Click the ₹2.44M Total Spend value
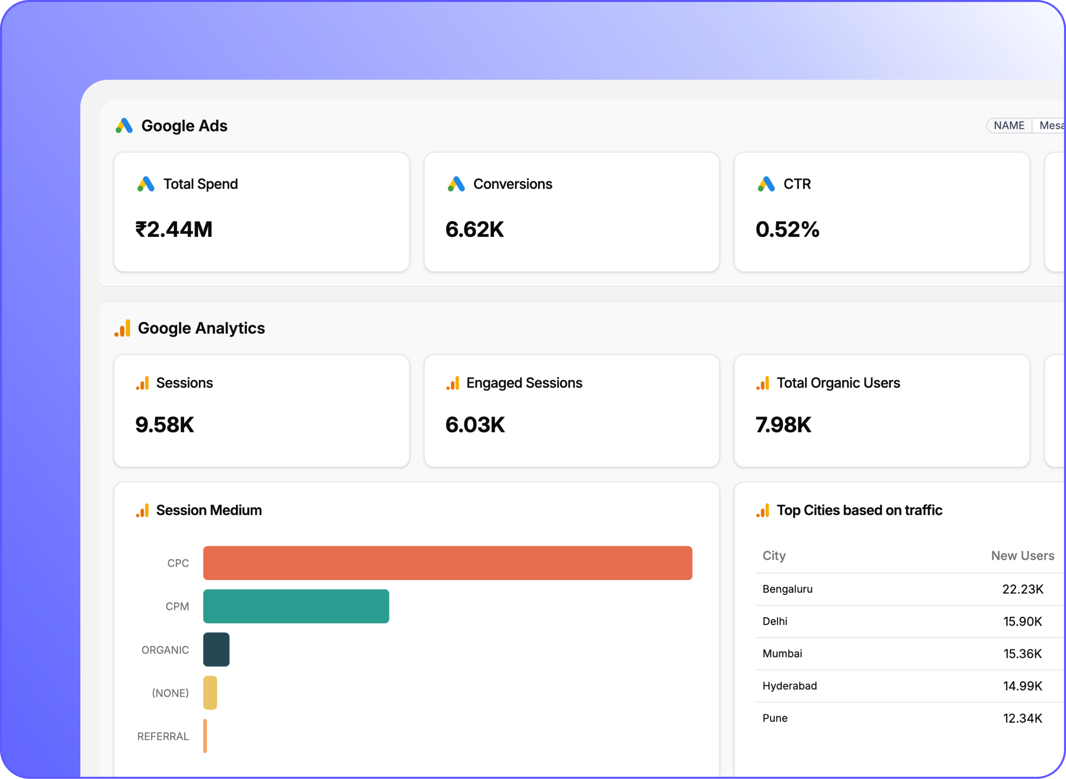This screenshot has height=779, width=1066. (174, 230)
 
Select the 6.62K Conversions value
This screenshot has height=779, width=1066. (475, 230)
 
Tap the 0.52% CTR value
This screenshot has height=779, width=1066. (787, 230)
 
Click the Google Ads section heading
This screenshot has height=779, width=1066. (184, 126)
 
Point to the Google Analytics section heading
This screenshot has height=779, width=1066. (201, 328)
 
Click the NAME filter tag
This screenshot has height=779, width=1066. (1009, 125)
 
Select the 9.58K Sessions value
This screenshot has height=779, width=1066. (165, 425)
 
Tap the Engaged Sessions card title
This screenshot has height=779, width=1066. (524, 383)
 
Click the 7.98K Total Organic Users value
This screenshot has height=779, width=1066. (783, 425)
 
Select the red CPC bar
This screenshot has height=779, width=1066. (447, 563)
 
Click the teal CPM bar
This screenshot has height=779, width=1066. (296, 606)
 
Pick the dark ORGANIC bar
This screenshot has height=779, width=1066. (216, 650)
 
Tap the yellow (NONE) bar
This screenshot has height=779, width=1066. (210, 693)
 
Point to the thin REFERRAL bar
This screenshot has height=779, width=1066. (205, 736)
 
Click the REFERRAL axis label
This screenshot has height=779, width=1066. (163, 737)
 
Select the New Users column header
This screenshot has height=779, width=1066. (1022, 556)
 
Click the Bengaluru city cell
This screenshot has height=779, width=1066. (787, 589)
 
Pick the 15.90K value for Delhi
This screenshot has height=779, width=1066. (1022, 621)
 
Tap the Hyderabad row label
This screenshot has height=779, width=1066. (789, 686)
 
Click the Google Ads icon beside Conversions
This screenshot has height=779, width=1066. (456, 184)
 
